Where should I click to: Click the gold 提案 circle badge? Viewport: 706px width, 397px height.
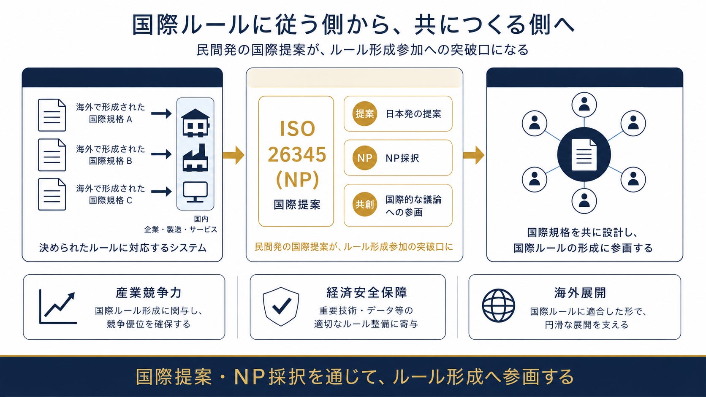[365, 113]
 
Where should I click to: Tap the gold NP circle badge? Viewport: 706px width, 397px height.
[365, 158]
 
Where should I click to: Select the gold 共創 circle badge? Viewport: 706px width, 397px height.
[365, 205]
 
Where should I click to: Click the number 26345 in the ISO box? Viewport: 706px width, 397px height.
[297, 154]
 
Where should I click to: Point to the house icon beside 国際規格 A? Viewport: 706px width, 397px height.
[196, 123]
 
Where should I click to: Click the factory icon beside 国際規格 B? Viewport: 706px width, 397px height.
[196, 158]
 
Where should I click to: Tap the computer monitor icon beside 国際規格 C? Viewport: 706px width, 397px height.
[196, 192]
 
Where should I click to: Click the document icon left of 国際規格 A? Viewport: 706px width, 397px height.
[52, 115]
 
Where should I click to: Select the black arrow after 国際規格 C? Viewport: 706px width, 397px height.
[161, 192]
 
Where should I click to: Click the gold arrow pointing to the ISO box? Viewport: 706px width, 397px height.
[234, 155]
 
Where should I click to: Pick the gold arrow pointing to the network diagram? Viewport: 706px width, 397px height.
[474, 155]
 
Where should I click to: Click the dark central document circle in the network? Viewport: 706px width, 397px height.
[584, 154]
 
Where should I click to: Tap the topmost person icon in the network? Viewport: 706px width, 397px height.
[584, 105]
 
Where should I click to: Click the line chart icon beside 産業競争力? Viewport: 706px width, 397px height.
[58, 307]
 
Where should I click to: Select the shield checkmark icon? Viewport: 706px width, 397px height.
[281, 306]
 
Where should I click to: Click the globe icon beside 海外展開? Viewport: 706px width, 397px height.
[499, 306]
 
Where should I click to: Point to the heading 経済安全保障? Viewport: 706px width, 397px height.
[367, 293]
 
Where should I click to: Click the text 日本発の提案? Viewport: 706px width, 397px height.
[413, 114]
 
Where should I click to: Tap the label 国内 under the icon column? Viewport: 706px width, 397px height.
[201, 219]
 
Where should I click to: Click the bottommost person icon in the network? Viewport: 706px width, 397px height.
[584, 201]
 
